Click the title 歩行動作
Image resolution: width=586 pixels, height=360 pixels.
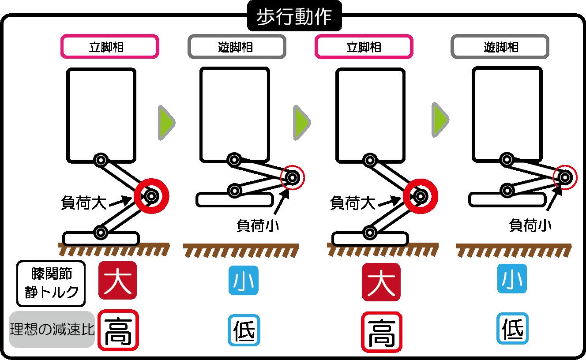point(294,16)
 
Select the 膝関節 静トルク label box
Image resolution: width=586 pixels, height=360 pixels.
point(51,284)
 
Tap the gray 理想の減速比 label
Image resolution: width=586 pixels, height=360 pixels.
point(52,329)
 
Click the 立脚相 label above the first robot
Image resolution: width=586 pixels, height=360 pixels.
point(109,46)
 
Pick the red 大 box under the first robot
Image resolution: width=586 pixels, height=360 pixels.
point(117,280)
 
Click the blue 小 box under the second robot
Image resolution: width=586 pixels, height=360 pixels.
point(244,280)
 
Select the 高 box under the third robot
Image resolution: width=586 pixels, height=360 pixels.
point(382,332)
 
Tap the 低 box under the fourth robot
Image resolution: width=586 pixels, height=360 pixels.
point(512,328)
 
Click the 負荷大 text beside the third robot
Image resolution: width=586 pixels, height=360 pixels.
point(353,203)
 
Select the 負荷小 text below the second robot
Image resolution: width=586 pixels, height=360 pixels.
point(258,225)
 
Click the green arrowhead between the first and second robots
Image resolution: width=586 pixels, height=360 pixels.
point(166,123)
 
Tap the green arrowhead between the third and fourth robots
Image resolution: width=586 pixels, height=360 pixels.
point(440,120)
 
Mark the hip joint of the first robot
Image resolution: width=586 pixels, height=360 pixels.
point(101,160)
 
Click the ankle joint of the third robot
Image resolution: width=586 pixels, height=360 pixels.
point(370,232)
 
